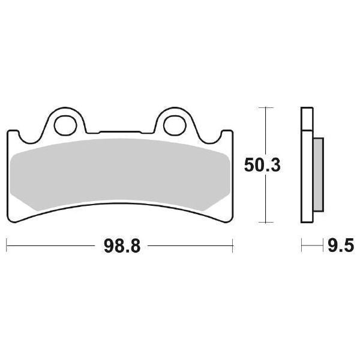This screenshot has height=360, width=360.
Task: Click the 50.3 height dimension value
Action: [261, 165]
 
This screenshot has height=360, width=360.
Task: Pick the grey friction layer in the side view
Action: [318, 174]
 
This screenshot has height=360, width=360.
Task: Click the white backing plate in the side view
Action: [306, 168]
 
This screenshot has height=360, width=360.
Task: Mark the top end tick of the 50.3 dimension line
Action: [265, 107]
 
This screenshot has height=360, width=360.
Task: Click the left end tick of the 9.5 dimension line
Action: [301, 245]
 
